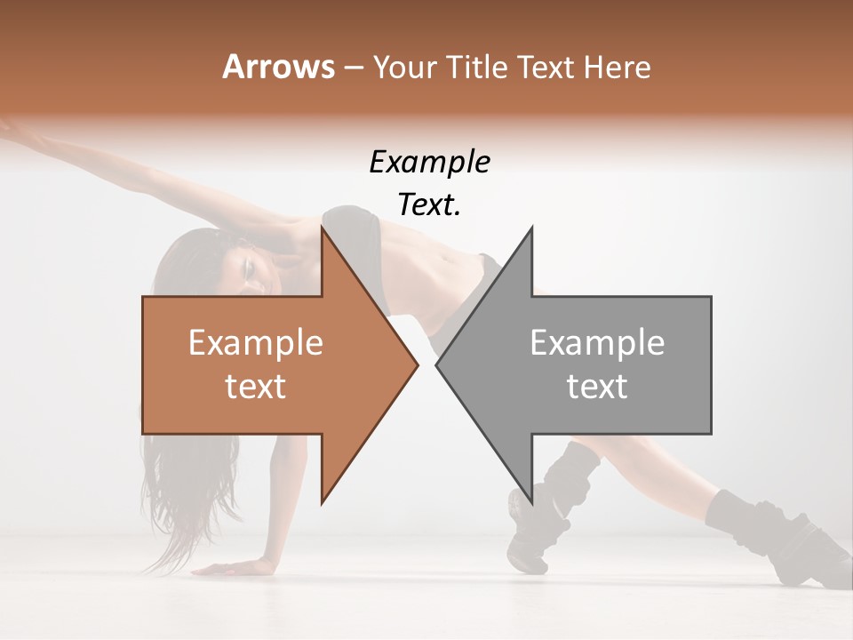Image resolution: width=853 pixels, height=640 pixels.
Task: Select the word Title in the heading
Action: click(x=479, y=67)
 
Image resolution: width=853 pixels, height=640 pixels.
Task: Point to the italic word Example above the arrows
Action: click(x=429, y=163)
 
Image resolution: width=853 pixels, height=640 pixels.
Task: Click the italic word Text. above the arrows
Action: click(x=429, y=205)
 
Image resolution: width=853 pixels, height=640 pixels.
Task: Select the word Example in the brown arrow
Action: click(x=256, y=342)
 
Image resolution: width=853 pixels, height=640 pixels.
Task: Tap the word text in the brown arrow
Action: click(x=256, y=387)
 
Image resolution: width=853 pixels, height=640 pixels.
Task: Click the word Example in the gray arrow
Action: click(x=597, y=342)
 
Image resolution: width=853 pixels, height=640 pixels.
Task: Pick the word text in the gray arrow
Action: click(x=597, y=387)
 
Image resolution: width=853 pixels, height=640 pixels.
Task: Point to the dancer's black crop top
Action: click(x=355, y=227)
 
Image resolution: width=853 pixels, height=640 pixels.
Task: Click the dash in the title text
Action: click(x=353, y=68)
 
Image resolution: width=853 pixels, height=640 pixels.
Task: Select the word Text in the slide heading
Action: click(x=546, y=67)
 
